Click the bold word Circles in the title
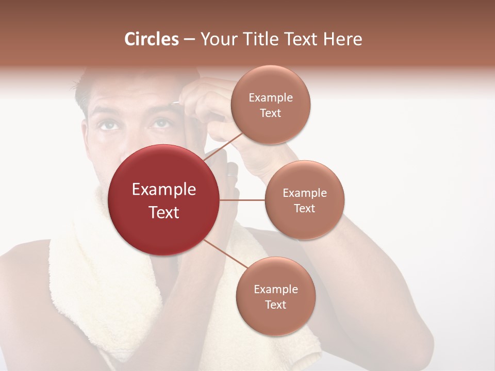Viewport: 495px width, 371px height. (152, 39)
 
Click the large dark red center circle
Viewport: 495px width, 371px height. (164, 200)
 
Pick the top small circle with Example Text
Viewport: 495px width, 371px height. (271, 105)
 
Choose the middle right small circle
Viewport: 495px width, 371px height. (305, 200)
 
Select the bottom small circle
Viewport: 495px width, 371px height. (275, 296)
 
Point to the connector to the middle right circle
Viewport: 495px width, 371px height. (242, 200)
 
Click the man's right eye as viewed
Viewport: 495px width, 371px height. (161, 123)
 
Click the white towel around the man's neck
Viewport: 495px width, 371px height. (82, 289)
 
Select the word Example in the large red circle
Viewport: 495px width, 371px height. (164, 189)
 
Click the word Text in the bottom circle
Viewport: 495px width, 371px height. (275, 305)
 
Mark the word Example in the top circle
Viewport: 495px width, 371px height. (271, 97)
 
